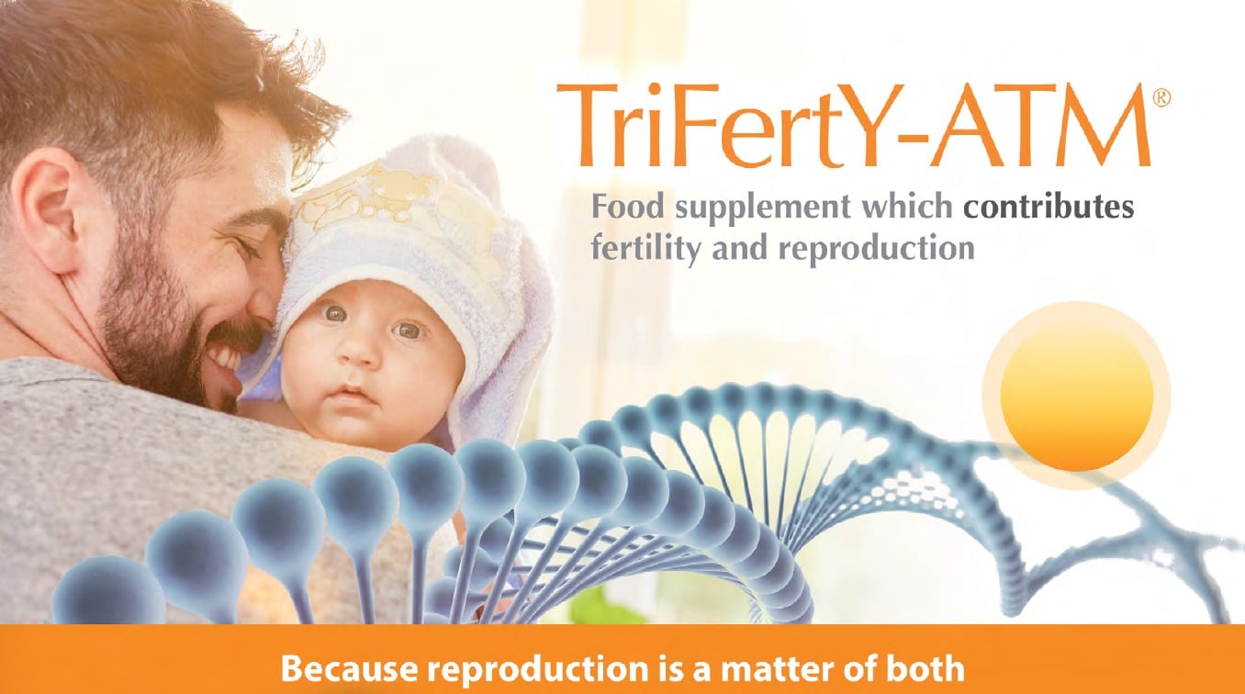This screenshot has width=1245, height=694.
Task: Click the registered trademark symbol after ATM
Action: click(1161, 98)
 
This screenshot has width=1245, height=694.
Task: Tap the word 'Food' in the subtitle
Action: click(627, 206)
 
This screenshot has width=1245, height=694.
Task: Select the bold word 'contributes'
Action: click(1048, 207)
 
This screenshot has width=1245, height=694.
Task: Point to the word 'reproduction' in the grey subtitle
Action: click(876, 249)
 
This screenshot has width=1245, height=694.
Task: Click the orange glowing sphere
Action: click(1077, 396)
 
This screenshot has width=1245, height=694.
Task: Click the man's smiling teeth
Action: click(226, 359)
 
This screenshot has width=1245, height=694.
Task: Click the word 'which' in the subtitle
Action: click(908, 206)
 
